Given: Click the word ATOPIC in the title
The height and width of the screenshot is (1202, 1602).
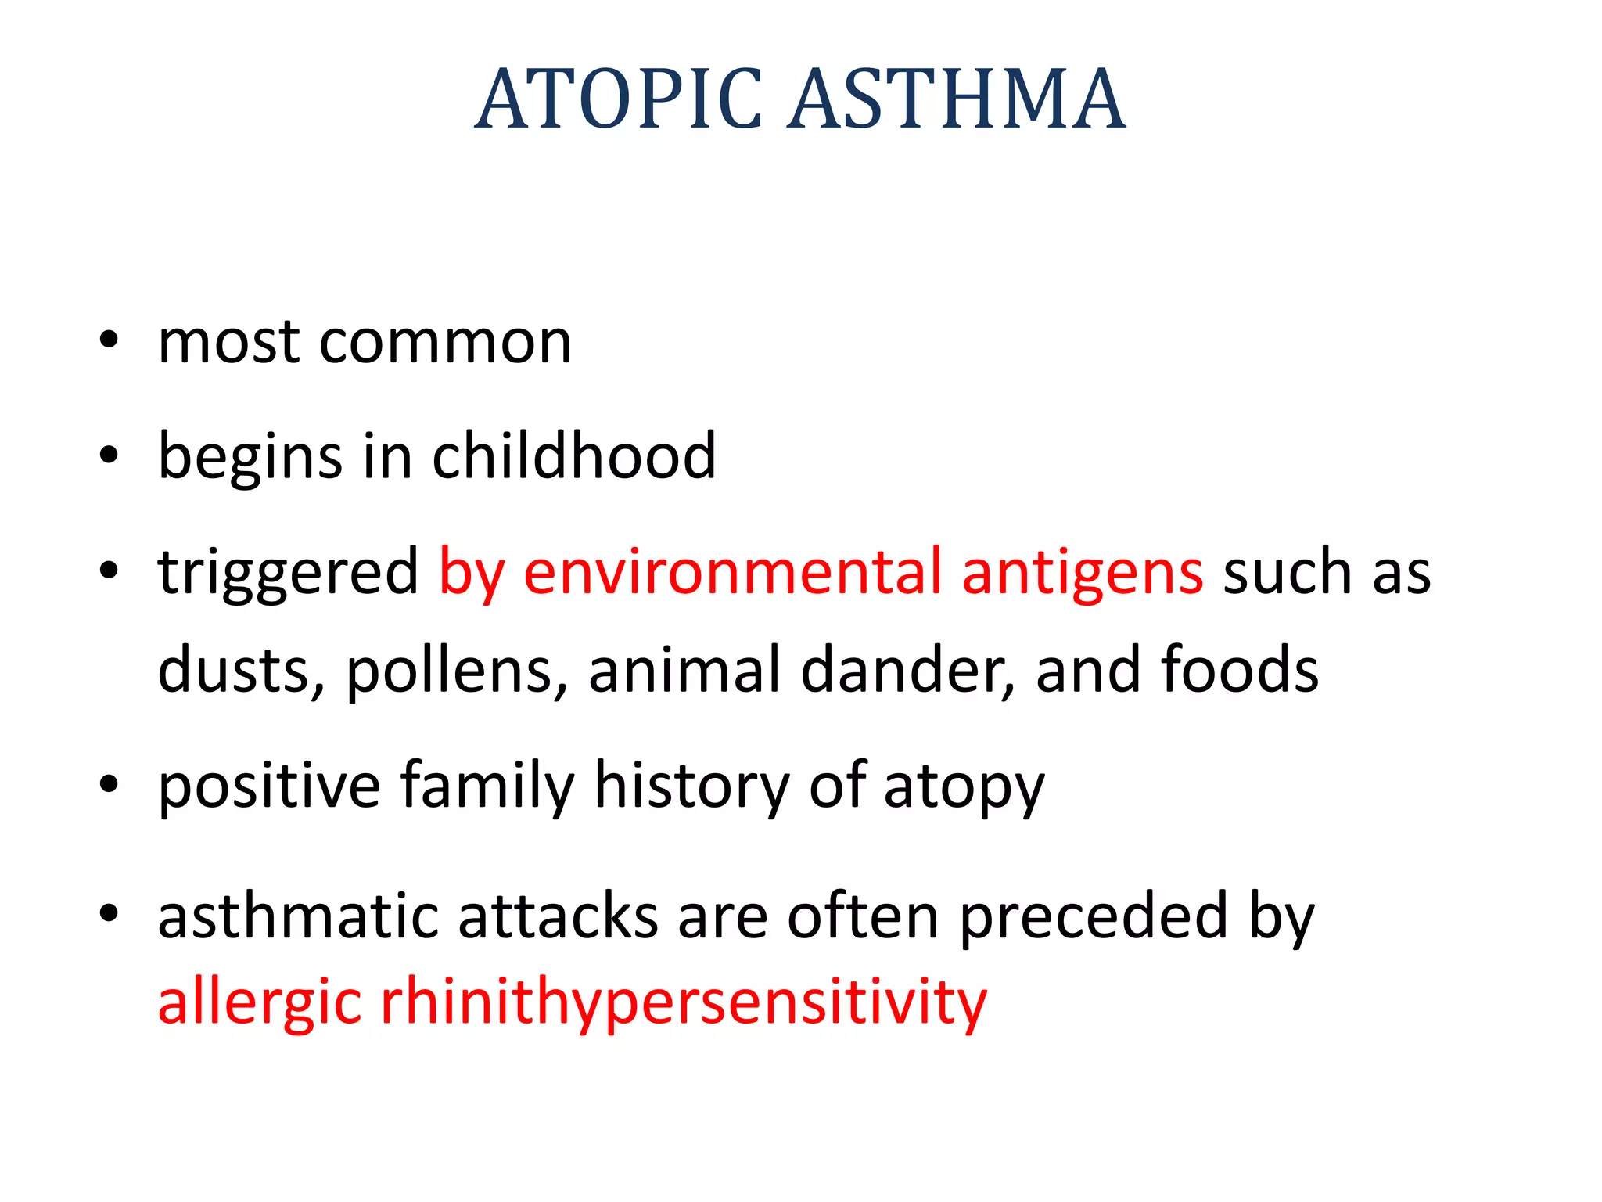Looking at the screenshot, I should [x=618, y=99].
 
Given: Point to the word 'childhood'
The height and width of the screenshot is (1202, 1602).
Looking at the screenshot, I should [x=573, y=455].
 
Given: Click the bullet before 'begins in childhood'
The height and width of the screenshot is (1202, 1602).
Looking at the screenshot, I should [x=109, y=455].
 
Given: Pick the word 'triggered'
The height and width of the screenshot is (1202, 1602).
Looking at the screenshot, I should [x=288, y=573].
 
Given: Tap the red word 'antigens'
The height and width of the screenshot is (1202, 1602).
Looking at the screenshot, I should [x=1082, y=574].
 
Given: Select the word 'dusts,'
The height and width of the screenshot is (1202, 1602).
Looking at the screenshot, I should [x=240, y=670].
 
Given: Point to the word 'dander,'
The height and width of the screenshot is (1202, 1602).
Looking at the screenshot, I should [x=907, y=670].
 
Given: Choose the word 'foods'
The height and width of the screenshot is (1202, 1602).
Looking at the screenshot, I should [x=1240, y=670].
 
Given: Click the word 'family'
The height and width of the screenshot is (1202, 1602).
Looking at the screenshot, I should [x=487, y=786].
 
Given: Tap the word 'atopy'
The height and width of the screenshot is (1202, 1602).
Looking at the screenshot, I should [x=964, y=787].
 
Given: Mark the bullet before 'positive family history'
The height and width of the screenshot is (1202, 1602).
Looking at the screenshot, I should [x=109, y=784].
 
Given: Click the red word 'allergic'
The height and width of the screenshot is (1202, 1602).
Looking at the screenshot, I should [x=260, y=1003].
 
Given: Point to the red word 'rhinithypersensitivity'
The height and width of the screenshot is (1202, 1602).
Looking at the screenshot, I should [x=683, y=1003].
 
